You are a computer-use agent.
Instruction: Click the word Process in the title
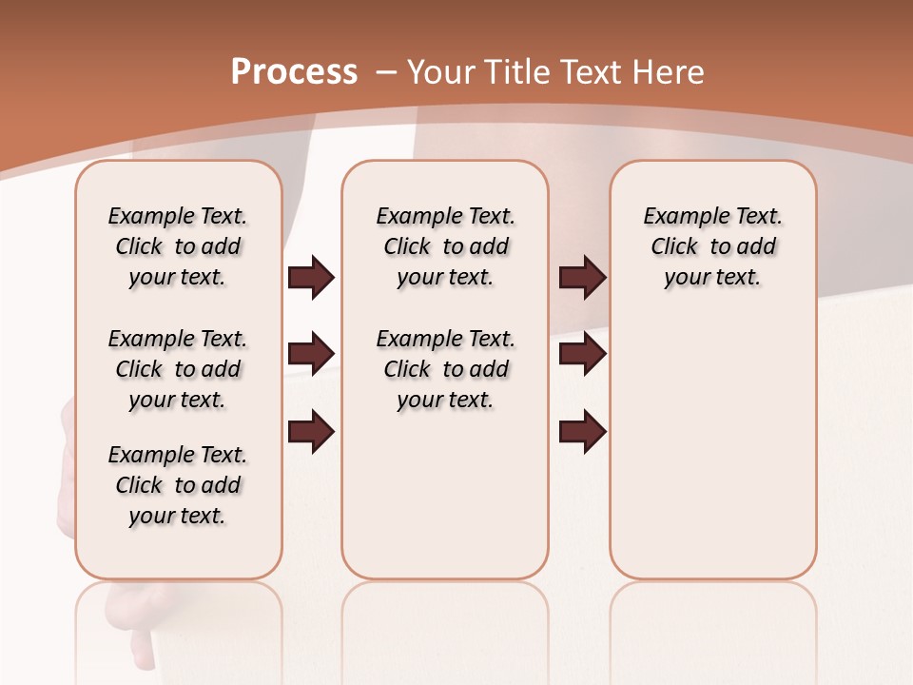(x=294, y=72)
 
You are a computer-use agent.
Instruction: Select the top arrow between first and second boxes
(x=311, y=278)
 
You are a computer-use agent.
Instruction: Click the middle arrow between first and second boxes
(x=311, y=354)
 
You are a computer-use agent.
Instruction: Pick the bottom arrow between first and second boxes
(x=311, y=432)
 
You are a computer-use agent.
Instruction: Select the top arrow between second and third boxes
(x=582, y=278)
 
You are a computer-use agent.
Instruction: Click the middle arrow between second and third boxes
(x=582, y=354)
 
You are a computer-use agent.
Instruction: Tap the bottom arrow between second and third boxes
(x=582, y=432)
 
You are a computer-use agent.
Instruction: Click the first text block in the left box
(x=178, y=246)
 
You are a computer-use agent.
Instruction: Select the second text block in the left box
(x=178, y=369)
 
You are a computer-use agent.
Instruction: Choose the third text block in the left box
(x=178, y=485)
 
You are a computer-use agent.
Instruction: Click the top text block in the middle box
(x=445, y=246)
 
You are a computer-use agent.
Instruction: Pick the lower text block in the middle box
(x=445, y=369)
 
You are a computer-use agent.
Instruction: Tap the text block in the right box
(x=712, y=246)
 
